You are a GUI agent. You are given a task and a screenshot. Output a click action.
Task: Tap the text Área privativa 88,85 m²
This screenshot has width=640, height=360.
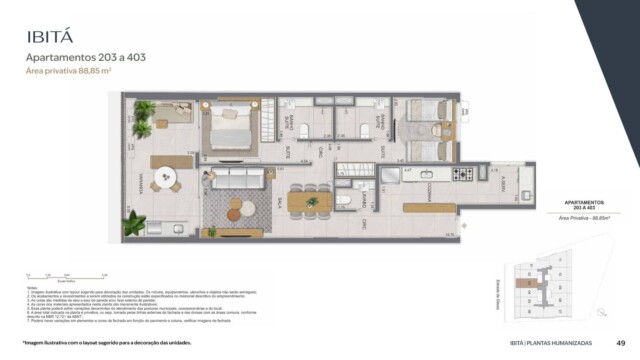68,73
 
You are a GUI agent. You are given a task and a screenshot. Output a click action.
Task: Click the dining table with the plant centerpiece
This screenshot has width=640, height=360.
309,200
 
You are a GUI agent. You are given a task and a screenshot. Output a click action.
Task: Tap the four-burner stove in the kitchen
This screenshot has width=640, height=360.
464,174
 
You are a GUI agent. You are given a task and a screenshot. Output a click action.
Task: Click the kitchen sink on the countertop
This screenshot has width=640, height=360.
421,173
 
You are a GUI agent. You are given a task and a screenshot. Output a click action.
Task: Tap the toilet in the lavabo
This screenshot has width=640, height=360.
343,201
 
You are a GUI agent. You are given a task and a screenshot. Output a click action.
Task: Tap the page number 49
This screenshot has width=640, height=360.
622,343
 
